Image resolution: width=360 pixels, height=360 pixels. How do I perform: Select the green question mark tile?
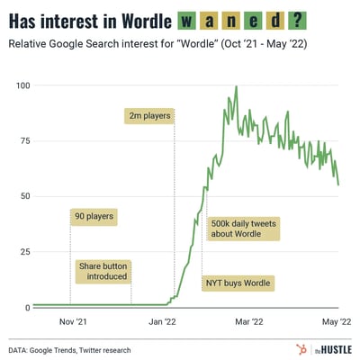pyautogui.click(x=318, y=18)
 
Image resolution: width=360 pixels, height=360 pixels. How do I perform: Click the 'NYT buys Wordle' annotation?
pyautogui.click(x=236, y=283)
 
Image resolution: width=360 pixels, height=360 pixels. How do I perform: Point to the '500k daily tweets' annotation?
pyautogui.click(x=244, y=229)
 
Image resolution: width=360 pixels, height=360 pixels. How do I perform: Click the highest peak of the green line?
pyautogui.click(x=236, y=87)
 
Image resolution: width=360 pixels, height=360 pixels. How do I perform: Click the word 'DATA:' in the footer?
pyautogui.click(x=22, y=349)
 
